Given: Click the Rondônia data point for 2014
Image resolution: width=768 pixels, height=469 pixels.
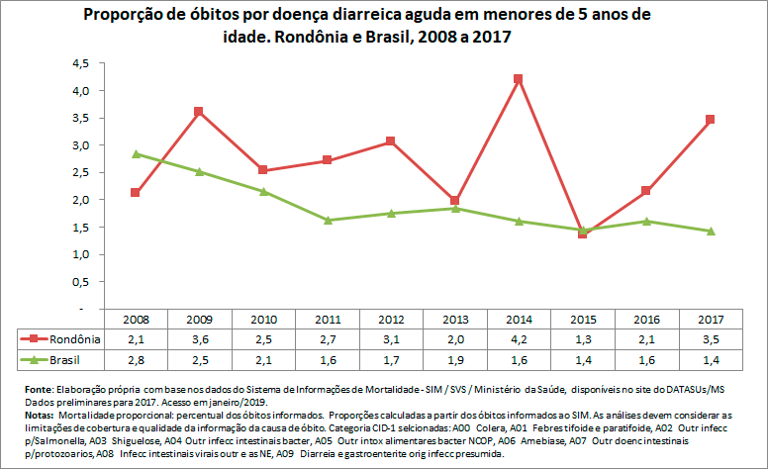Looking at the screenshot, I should [x=518, y=78].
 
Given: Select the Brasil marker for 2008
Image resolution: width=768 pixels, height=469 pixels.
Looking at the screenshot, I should [x=135, y=153].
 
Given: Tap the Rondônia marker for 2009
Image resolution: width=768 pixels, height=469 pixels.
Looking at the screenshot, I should [x=199, y=111].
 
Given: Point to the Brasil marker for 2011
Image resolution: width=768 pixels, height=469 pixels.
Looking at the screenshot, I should [x=327, y=220].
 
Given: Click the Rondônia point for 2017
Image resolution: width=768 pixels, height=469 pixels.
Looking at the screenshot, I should [x=710, y=119].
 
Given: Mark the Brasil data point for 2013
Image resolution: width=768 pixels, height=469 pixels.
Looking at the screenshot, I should [x=454, y=208].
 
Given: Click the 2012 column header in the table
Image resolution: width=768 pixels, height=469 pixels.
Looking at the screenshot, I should [x=390, y=321].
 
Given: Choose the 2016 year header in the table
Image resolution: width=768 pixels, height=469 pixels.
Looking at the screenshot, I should [x=645, y=321].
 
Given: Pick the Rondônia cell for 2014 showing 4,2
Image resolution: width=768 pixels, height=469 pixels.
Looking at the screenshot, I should [x=518, y=339].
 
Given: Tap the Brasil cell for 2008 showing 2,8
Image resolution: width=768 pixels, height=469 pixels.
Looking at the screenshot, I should [x=135, y=358].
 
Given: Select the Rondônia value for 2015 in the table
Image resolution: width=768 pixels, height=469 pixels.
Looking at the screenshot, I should [x=582, y=339].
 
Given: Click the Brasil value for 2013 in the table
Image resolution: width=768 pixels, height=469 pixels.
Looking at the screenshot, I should [x=454, y=358].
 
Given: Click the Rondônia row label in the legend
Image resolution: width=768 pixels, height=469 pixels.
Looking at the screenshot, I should [x=72, y=339].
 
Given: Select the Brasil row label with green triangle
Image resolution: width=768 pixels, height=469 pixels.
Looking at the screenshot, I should [x=65, y=358].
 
